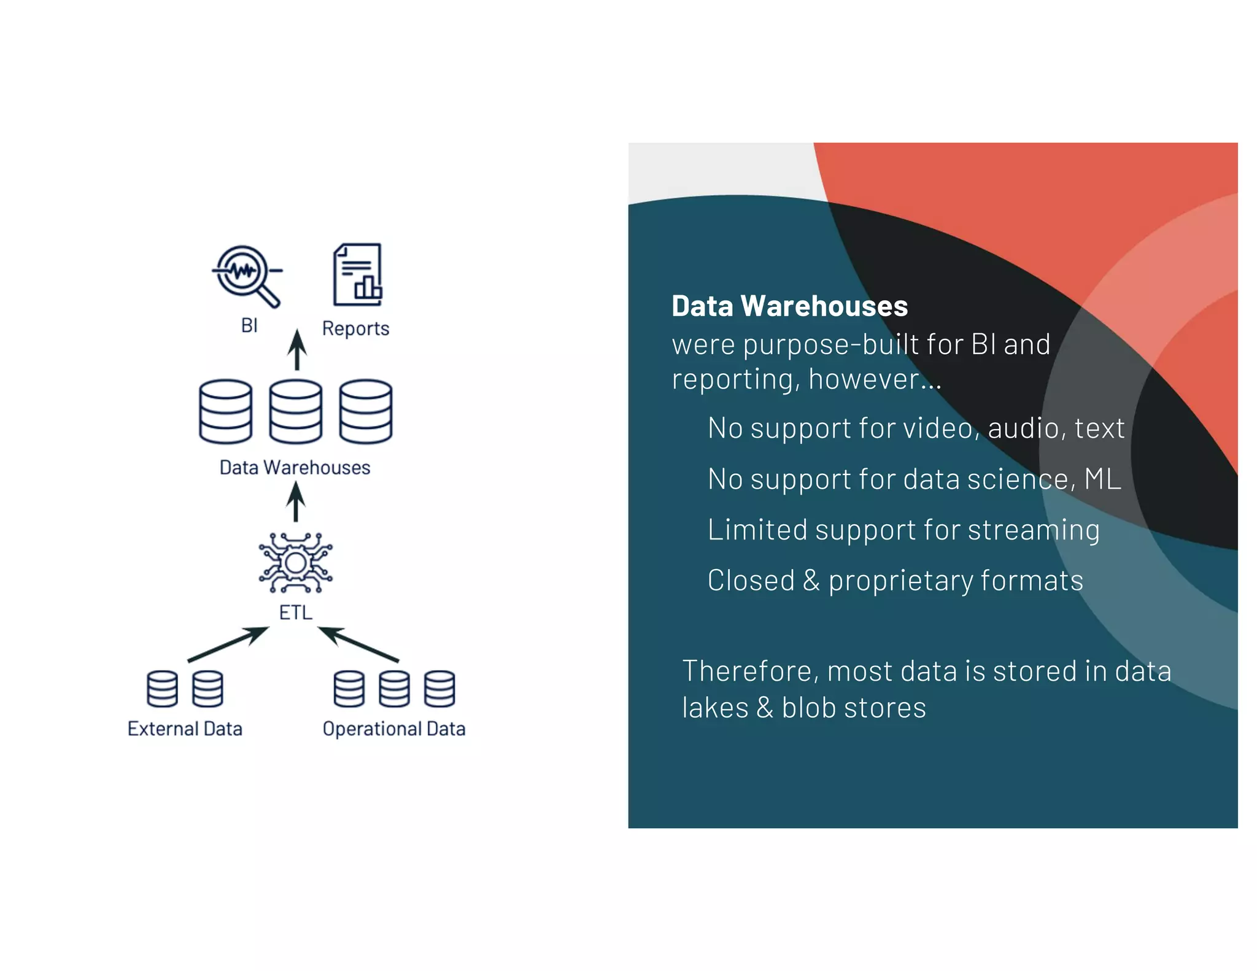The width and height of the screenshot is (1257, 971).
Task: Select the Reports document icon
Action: point(357,274)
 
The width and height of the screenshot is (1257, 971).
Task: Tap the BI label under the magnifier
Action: point(249,325)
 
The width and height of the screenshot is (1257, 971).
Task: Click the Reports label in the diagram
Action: point(355,328)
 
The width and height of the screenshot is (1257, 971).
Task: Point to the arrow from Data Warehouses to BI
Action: point(297,350)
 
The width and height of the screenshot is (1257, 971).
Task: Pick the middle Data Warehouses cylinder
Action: point(296,411)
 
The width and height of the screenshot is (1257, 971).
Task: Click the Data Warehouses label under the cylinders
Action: point(295,468)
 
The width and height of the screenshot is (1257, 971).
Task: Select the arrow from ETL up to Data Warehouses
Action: point(296,501)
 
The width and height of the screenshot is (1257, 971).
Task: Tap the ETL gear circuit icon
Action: point(296,562)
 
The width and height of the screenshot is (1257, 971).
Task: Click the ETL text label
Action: point(296,613)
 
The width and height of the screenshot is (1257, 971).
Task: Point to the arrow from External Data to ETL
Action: point(228,644)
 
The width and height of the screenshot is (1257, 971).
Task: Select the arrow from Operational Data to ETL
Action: point(358,644)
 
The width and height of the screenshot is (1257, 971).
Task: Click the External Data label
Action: point(185,729)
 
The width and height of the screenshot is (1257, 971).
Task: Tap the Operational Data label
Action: point(394,729)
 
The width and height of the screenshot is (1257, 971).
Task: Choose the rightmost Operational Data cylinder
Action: point(440,689)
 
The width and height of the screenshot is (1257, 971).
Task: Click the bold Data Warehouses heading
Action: point(789,306)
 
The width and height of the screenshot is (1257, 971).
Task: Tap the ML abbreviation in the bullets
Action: point(1103,479)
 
